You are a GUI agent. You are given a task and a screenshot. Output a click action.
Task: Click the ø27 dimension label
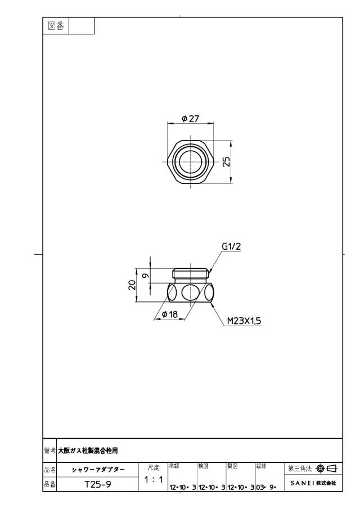(191, 119)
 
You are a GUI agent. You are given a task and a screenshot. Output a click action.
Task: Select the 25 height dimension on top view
(227, 161)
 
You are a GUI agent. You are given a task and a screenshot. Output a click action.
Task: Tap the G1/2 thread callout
(231, 246)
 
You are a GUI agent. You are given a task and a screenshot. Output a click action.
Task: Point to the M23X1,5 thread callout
(244, 321)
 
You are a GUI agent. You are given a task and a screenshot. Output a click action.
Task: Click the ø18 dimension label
(170, 314)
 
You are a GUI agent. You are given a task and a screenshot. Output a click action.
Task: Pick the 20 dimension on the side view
(132, 285)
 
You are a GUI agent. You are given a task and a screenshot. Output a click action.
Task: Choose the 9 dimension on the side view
(146, 276)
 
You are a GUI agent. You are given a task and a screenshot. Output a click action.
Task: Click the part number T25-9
(98, 484)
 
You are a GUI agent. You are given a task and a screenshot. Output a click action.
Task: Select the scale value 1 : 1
(154, 479)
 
